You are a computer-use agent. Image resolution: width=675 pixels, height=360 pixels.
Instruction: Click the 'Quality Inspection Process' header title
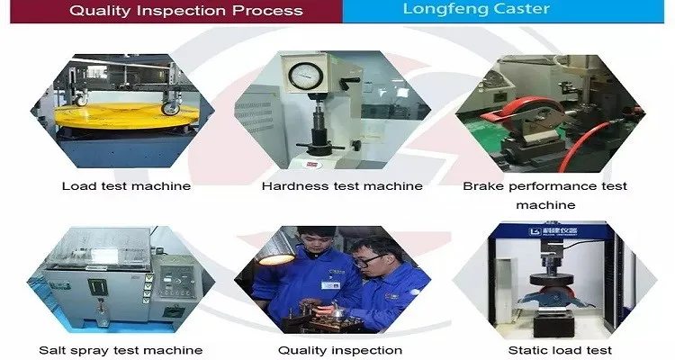pos(186,11)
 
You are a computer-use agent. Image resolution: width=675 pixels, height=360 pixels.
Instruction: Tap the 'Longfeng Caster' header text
pos(476,9)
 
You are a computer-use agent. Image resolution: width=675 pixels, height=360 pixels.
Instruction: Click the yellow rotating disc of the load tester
pos(127,115)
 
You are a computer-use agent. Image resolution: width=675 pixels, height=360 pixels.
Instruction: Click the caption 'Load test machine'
pos(126,186)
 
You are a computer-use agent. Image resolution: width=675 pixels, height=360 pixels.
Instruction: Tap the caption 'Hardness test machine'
pos(342,186)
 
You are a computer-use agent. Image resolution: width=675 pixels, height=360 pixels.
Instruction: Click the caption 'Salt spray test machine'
pos(121,350)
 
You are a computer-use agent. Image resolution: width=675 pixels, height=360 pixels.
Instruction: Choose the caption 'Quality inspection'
pos(340,350)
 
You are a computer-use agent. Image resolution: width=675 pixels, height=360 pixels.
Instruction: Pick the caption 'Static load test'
pos(560,350)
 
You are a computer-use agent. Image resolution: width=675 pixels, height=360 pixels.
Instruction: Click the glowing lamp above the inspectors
pos(275,259)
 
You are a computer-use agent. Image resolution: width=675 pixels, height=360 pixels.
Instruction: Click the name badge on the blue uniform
pos(330,285)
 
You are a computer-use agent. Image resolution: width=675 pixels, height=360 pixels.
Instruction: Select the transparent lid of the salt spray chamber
pos(98,247)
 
